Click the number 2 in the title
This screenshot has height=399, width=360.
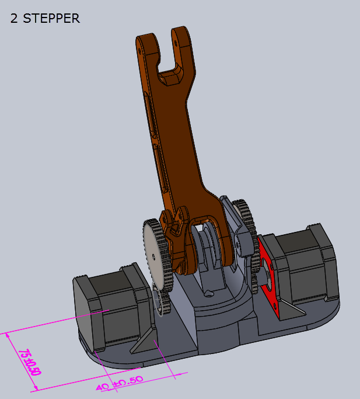[14, 18]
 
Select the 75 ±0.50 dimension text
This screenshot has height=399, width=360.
[25, 363]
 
